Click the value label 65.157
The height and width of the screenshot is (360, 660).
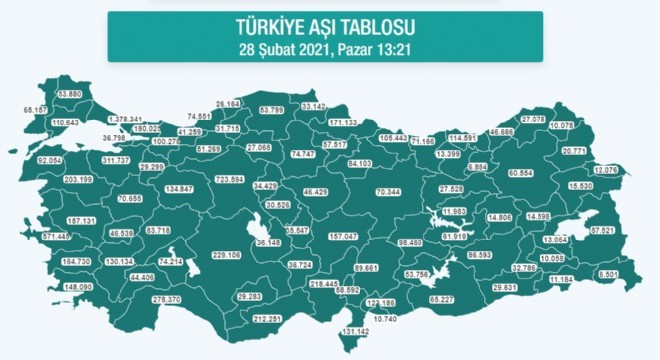point(35,108)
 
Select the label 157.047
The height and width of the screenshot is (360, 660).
point(343,236)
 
